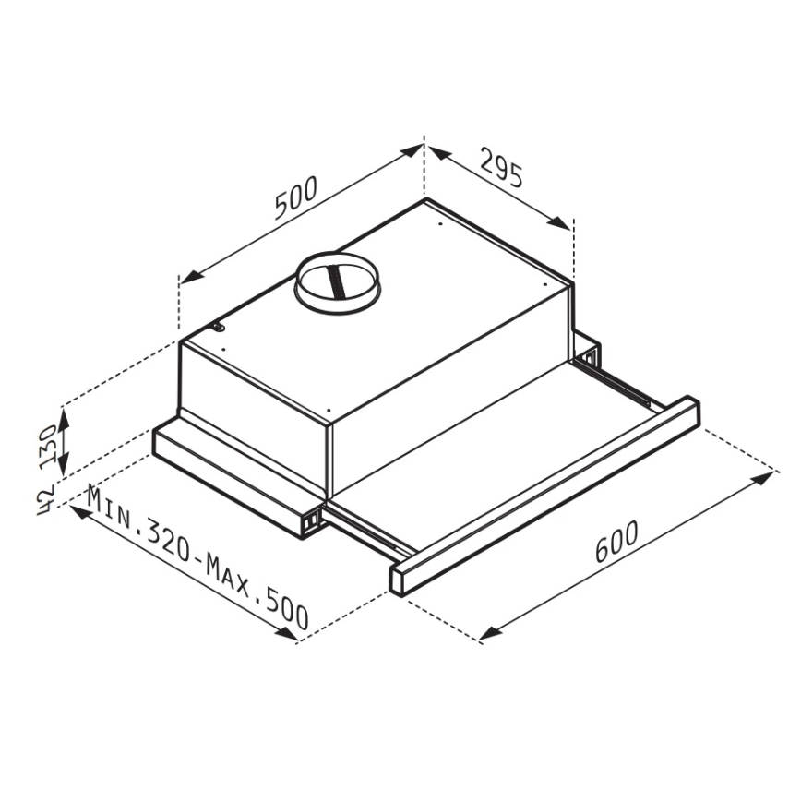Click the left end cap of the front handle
click(399, 579)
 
